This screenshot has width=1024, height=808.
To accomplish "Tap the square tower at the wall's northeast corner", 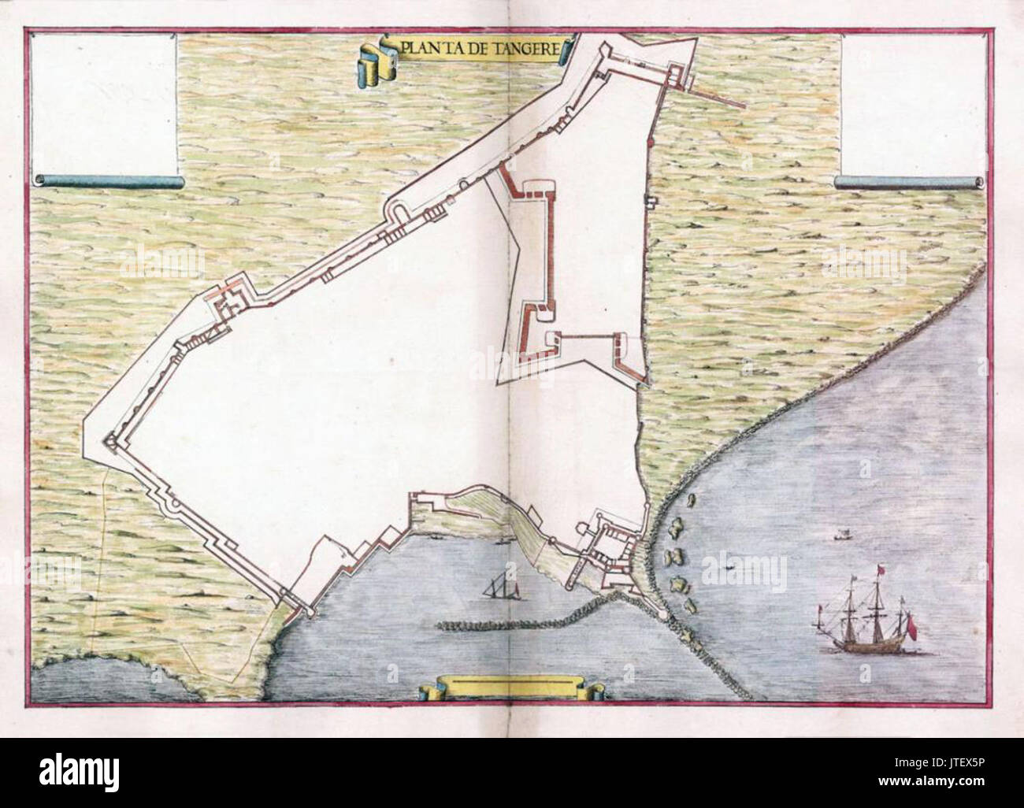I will tap(676, 76).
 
